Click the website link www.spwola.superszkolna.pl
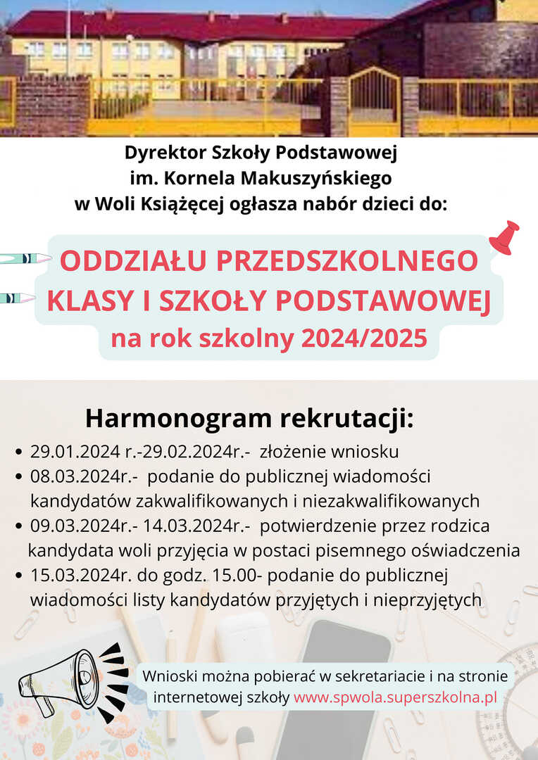tap(396, 697)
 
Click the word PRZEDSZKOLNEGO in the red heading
tap(349, 261)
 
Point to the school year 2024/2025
tap(364, 338)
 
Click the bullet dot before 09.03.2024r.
tap(20, 526)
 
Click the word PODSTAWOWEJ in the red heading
tap(382, 300)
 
